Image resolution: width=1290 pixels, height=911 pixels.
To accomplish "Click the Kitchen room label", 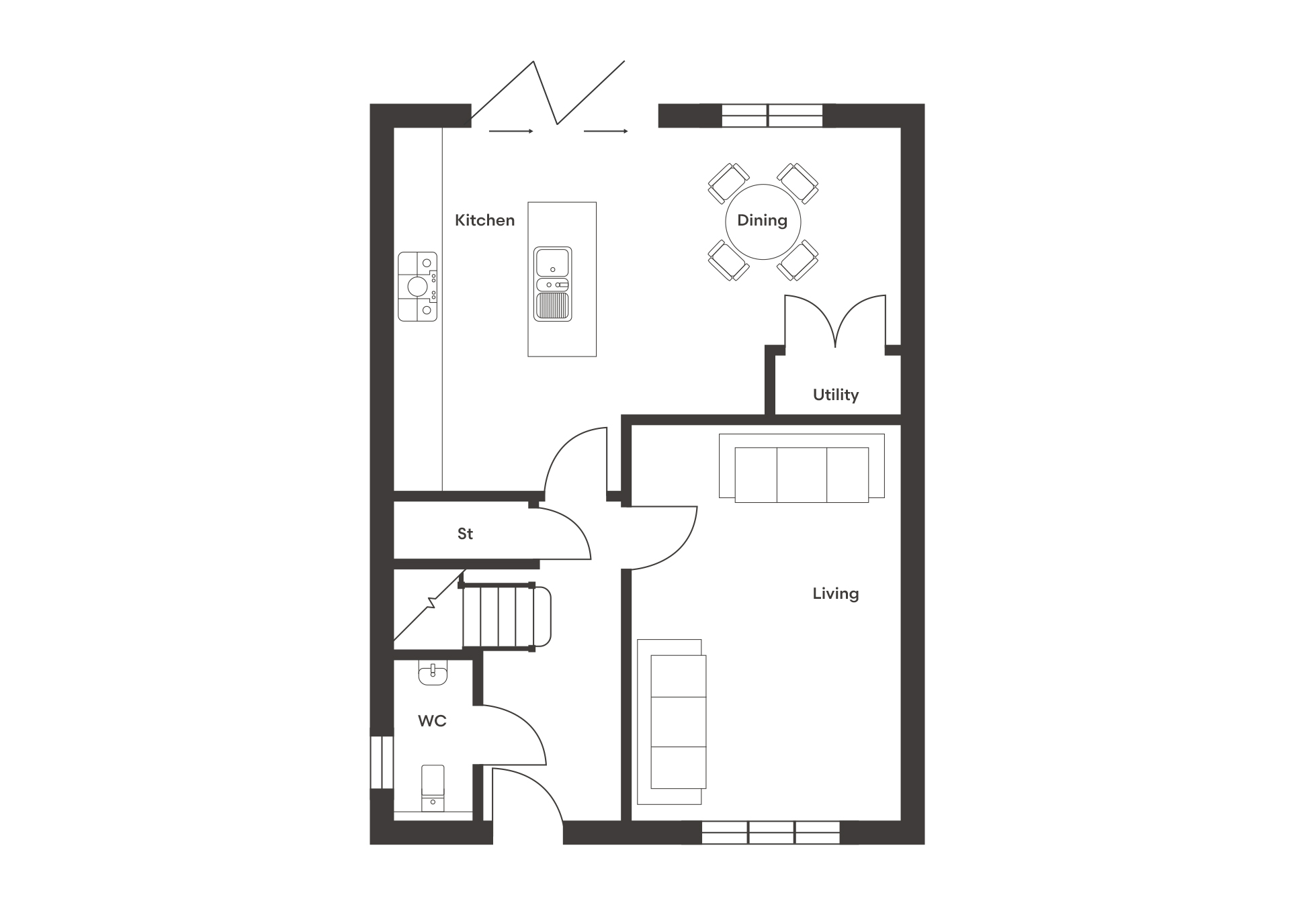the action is coord(484,220).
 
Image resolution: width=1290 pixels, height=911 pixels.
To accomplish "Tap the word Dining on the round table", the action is coord(762,221).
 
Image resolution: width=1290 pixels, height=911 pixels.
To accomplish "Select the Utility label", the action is coord(836,395).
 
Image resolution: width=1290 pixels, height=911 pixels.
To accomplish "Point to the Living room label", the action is coord(836,593).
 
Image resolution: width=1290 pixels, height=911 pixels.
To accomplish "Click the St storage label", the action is coord(465,534).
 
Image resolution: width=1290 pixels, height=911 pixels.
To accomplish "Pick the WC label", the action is coord(432,721).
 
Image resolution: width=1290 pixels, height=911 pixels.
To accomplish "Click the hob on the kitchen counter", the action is coord(417,287).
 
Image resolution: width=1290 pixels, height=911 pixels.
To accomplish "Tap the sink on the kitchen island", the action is coord(552,284).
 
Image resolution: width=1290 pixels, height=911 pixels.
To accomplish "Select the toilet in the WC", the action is coord(433,787).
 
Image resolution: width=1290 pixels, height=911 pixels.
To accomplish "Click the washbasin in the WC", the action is coord(433,672).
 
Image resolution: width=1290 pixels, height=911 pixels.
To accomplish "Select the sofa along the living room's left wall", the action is coord(672,722).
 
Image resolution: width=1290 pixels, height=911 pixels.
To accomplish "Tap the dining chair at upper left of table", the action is coord(728,183).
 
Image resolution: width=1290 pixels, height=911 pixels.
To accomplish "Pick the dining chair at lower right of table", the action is coord(798,260).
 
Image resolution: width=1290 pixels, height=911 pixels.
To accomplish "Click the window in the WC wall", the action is coord(382,762).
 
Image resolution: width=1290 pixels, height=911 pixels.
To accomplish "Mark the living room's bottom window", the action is coord(771,832).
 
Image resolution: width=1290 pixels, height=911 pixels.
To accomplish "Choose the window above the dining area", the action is coord(772,115).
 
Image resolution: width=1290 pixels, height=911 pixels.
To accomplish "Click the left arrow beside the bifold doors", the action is coord(511,132).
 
